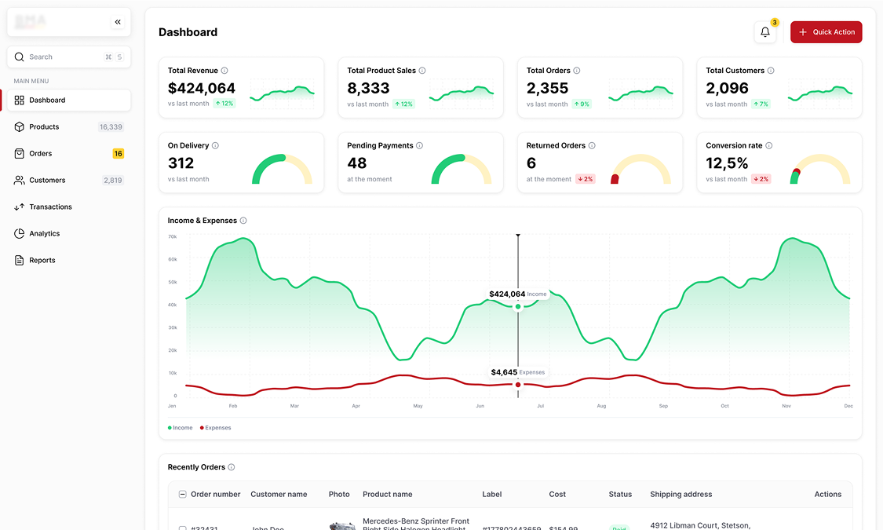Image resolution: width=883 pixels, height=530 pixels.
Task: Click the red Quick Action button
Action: click(x=826, y=32)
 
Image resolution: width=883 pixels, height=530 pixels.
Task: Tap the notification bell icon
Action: click(x=765, y=32)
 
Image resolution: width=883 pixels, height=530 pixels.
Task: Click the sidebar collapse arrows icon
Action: click(x=118, y=22)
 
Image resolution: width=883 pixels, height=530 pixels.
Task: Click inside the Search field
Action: click(x=63, y=57)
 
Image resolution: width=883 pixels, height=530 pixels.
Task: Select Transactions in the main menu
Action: click(x=50, y=207)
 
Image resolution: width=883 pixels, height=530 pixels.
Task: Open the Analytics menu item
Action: click(x=45, y=234)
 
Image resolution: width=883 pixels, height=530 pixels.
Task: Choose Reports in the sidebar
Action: click(x=42, y=261)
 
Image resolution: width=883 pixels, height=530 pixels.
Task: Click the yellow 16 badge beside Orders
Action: click(x=118, y=154)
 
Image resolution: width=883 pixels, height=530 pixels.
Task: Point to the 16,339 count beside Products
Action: click(x=111, y=127)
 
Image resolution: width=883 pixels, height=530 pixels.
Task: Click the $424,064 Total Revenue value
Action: click(x=202, y=89)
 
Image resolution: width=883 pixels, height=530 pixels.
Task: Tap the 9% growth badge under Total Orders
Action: click(x=581, y=104)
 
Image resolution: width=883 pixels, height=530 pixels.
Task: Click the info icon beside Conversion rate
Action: click(x=769, y=146)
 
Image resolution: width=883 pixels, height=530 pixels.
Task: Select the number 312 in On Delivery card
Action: click(x=181, y=163)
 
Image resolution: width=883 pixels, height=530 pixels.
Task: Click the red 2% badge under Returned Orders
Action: click(x=586, y=179)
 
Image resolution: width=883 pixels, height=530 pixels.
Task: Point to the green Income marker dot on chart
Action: click(x=518, y=307)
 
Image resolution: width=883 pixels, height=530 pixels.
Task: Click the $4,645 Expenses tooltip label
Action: click(x=516, y=372)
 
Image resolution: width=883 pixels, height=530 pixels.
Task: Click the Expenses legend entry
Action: click(x=216, y=428)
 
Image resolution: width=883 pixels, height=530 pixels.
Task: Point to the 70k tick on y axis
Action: click(x=172, y=236)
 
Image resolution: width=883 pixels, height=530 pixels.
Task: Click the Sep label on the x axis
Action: click(x=663, y=406)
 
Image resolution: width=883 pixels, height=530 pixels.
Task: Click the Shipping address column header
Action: click(x=680, y=495)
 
